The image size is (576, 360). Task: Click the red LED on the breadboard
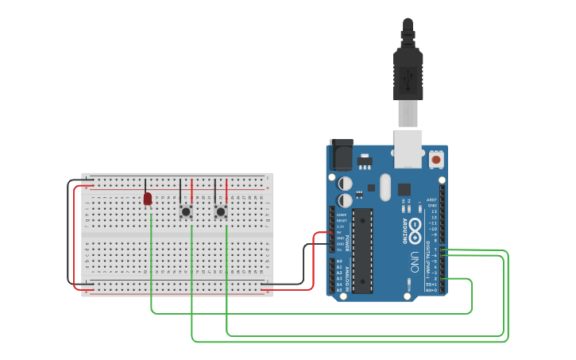click(148, 198)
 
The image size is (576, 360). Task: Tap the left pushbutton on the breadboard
click(186, 211)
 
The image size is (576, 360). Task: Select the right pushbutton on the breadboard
click(221, 211)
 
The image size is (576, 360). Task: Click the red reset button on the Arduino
click(436, 159)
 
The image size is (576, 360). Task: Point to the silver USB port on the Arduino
click(408, 149)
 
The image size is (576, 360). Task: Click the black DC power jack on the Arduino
click(342, 153)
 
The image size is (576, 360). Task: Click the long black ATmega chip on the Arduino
click(362, 250)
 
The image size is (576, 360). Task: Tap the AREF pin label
click(431, 200)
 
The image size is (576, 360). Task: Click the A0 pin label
click(340, 261)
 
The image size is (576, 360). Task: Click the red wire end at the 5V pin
click(332, 233)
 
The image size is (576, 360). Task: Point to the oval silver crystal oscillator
click(386, 188)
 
